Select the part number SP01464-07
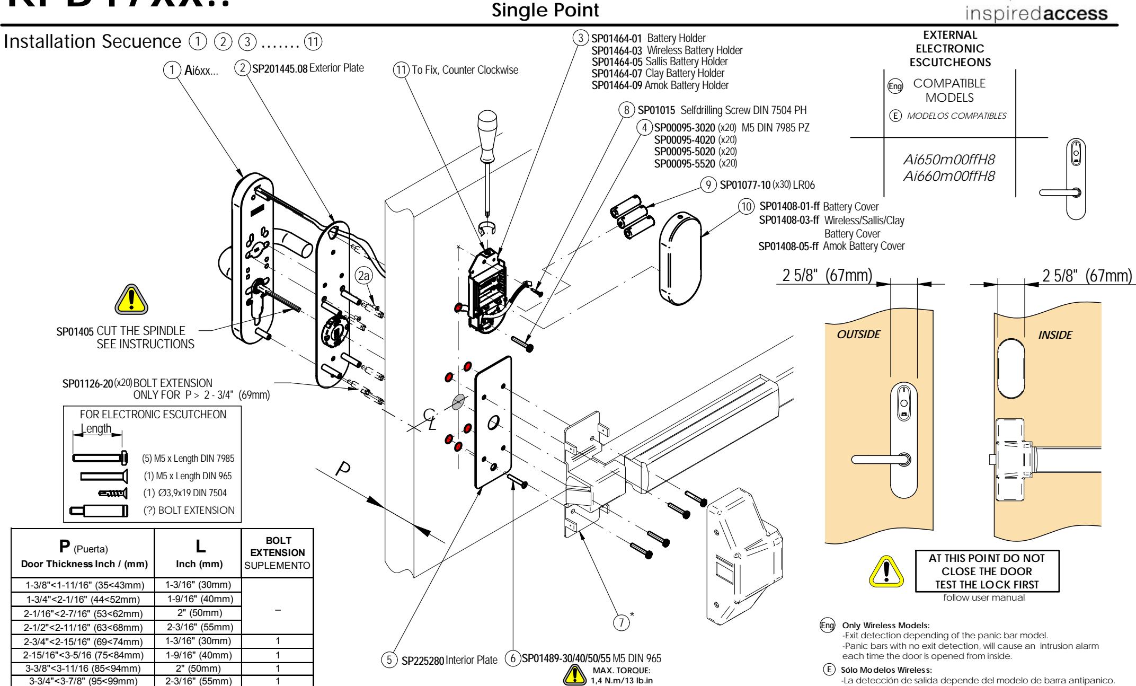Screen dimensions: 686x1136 (x=616, y=73)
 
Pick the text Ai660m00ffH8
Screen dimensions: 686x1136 (x=948, y=177)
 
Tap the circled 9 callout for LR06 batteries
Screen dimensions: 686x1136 (x=707, y=186)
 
